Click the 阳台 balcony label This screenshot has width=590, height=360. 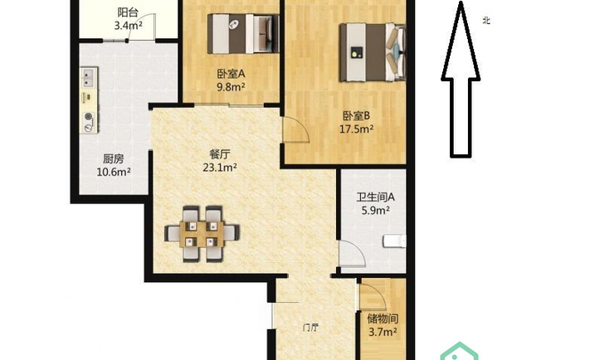point(128,12)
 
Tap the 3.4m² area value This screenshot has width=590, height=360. point(129,26)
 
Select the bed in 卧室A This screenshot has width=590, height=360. point(243,33)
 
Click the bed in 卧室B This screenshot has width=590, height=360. point(373,52)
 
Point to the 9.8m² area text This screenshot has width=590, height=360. point(231,87)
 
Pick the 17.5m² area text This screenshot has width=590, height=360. point(356,129)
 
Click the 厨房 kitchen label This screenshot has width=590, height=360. point(114,159)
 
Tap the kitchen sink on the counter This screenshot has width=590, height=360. point(88,78)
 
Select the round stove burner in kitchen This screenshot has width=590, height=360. point(89,117)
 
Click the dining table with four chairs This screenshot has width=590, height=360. point(202,234)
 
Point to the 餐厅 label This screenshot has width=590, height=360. point(220,154)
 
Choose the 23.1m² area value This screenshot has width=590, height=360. point(220,167)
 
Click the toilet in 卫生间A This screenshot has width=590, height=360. point(394,241)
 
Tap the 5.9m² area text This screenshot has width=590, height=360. point(376,211)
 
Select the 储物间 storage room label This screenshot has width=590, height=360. point(383,319)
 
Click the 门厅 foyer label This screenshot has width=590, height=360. point(311,328)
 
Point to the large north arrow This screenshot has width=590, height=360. point(461,79)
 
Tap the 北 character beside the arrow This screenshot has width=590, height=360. point(486,21)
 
